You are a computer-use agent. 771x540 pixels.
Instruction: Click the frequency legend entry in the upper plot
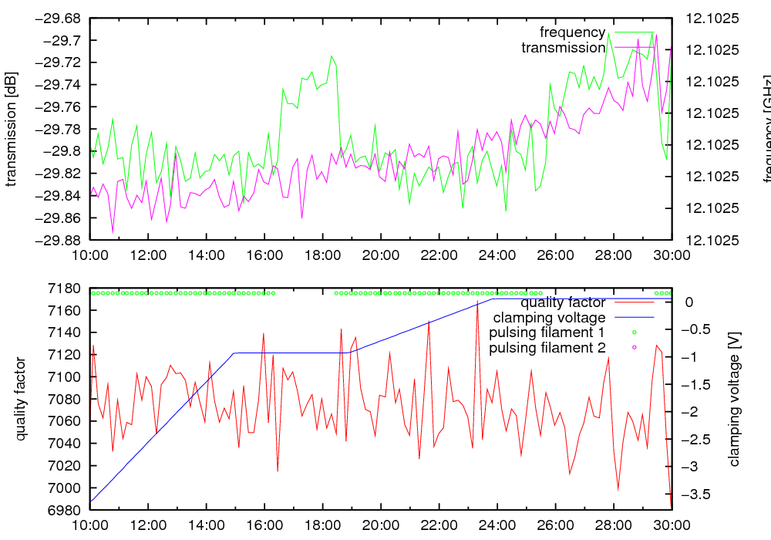pyautogui.click(x=572, y=32)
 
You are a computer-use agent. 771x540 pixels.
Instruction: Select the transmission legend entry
pyautogui.click(x=563, y=48)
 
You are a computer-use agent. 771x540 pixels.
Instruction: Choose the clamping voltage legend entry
pyautogui.click(x=549, y=317)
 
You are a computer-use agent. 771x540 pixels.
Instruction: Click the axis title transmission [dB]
pyautogui.click(x=11, y=128)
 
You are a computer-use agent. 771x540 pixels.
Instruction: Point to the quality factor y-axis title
pyautogui.click(x=21, y=399)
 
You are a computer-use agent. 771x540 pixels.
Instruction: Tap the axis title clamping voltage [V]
pyautogui.click(x=734, y=399)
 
